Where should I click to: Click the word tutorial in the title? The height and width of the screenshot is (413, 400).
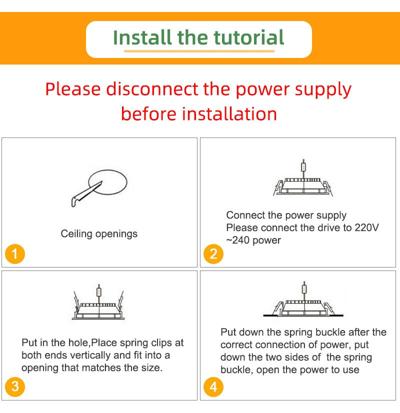(248, 37)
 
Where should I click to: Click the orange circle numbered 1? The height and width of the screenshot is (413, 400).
(14, 254)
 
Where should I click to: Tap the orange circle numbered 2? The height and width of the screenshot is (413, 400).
(213, 254)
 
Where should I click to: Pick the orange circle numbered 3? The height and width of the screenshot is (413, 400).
(14, 386)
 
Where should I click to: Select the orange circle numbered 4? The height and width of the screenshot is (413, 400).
(213, 386)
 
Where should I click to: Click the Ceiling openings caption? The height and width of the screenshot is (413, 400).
(99, 233)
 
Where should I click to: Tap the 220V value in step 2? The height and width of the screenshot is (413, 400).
(366, 228)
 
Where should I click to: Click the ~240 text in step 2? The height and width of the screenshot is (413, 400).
(237, 240)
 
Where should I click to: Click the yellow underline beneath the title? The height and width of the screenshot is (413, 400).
(199, 50)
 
